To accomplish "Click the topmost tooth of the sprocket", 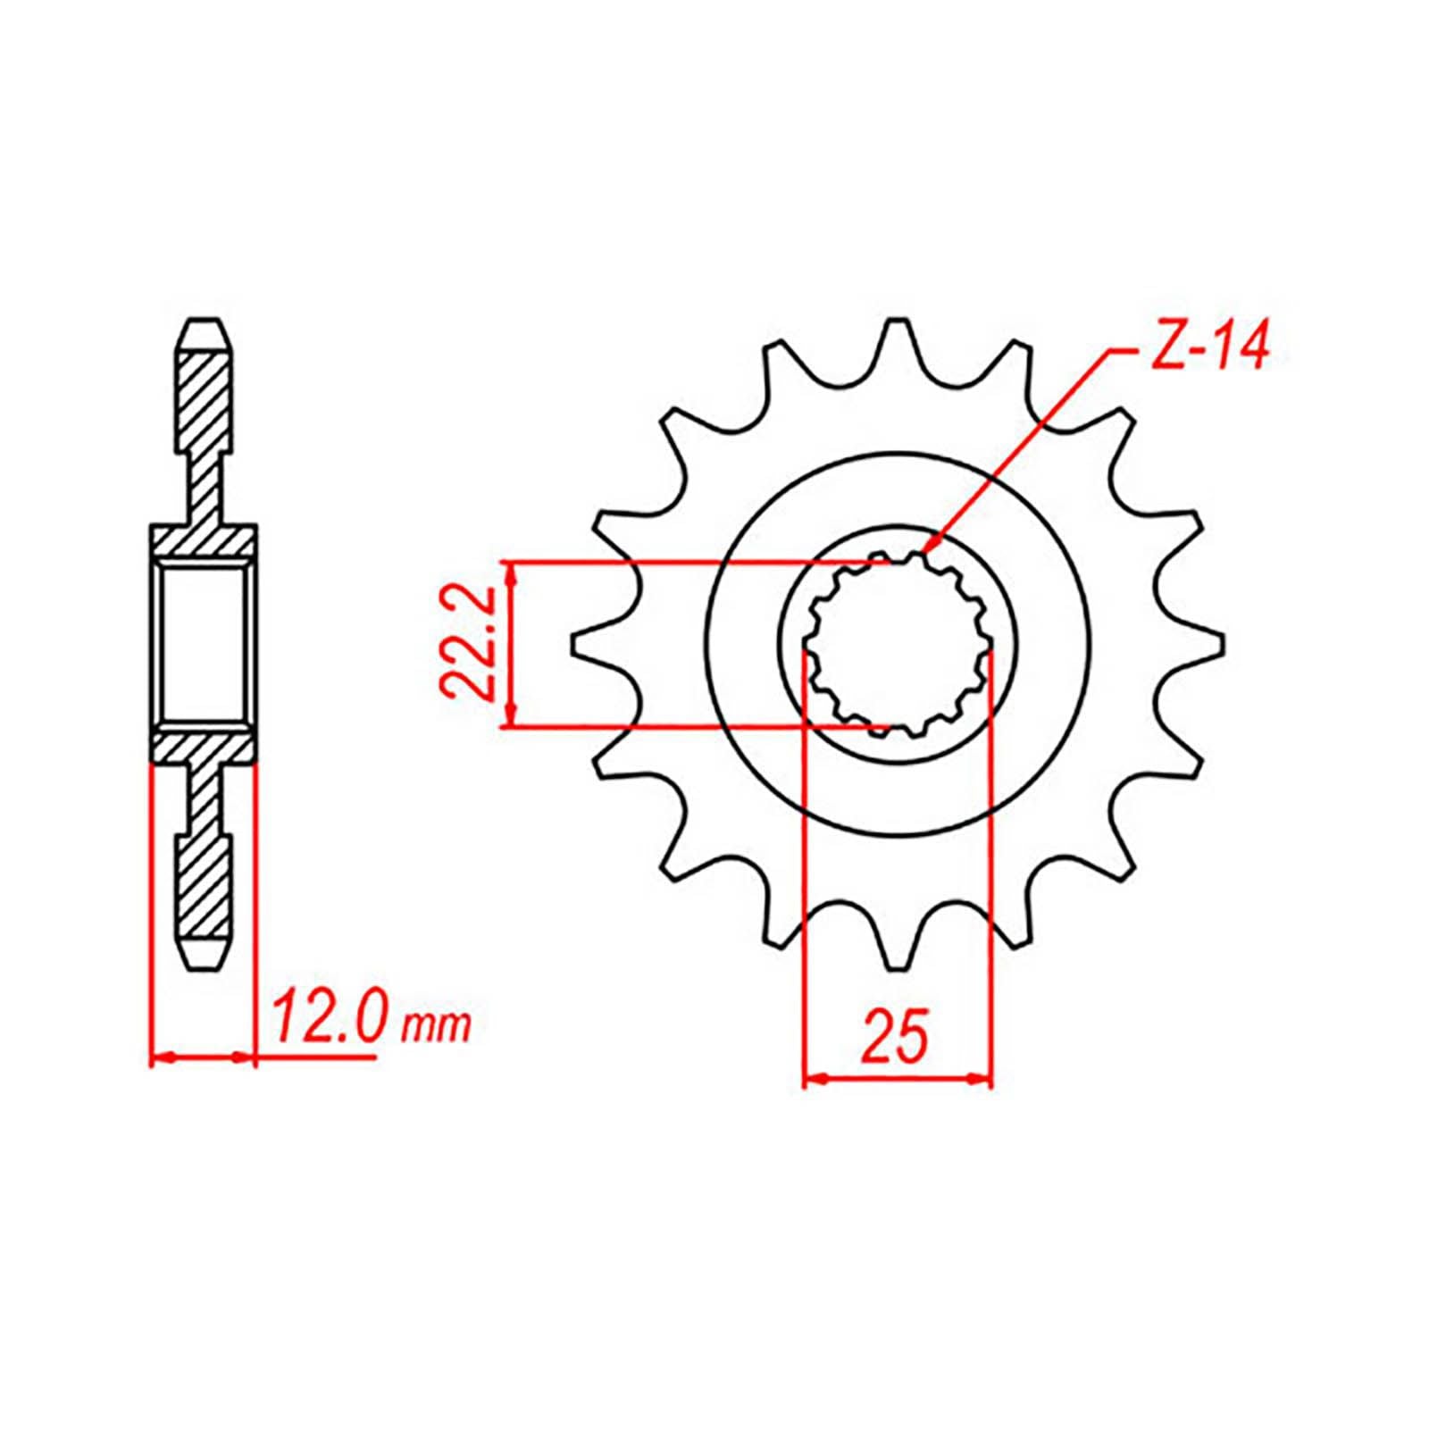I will [895, 335].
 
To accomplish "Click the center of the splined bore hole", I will [898, 643].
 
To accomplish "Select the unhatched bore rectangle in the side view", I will [204, 643].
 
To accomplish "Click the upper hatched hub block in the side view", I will [204, 539].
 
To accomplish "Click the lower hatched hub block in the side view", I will [204, 748].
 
